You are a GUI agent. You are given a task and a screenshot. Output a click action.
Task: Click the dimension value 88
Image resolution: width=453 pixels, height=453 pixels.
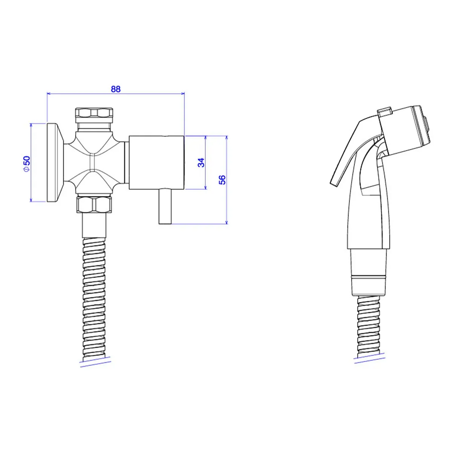(115, 89)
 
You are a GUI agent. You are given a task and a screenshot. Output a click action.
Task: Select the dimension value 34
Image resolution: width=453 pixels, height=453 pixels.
(201, 162)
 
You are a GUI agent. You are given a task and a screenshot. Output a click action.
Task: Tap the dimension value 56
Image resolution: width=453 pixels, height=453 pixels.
(222, 180)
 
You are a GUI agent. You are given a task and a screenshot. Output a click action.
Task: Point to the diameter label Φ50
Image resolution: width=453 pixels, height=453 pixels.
(27, 164)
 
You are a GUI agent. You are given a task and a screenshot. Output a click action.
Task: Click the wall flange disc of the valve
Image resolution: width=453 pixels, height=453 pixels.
(55, 162)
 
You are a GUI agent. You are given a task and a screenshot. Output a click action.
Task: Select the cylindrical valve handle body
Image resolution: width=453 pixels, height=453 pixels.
(156, 162)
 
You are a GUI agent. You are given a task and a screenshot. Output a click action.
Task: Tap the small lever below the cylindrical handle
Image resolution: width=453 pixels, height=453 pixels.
(165, 207)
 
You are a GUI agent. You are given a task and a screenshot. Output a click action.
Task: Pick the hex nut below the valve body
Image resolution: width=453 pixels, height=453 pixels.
(94, 205)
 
